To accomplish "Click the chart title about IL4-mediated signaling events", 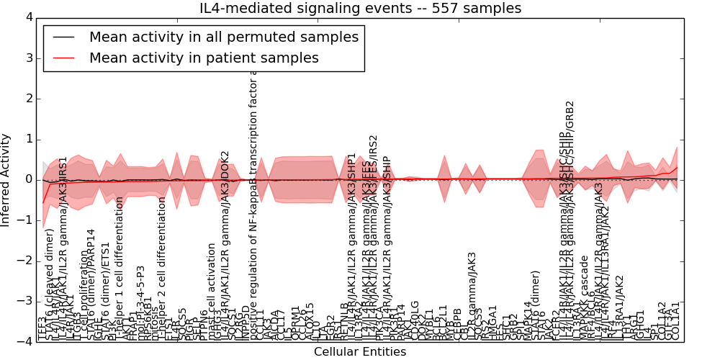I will pos(360,8).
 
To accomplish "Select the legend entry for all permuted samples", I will pos(223,37).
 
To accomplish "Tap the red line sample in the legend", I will pos(63,58).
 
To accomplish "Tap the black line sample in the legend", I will pos(63,37).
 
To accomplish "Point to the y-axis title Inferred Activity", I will pos(6,179).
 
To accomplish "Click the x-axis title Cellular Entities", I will pos(360,352).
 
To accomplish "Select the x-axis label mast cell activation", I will pos(212,291).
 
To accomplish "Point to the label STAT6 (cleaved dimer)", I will pos(50,284).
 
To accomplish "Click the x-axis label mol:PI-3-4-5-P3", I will pos(140,302).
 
